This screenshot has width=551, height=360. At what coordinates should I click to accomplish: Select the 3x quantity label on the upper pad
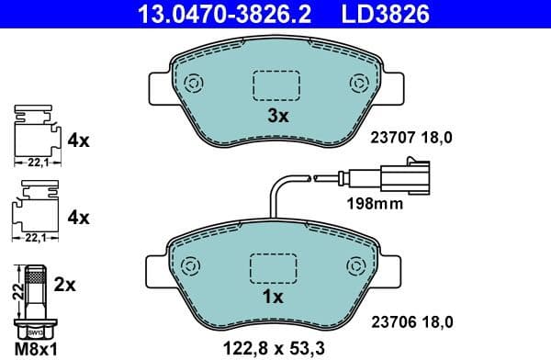click(277, 116)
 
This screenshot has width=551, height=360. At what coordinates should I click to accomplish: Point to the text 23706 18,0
click(411, 321)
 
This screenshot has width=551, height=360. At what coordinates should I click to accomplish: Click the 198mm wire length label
click(374, 204)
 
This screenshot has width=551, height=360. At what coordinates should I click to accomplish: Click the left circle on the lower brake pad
click(190, 266)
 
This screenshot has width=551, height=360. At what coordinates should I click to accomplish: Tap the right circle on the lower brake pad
click(354, 266)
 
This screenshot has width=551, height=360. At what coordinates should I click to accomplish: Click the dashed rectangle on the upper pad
click(275, 84)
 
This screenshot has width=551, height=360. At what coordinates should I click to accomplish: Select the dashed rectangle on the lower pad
click(273, 268)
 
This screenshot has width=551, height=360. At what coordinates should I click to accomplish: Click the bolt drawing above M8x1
click(34, 299)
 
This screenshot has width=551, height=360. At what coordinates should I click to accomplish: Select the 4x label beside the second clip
click(78, 218)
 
